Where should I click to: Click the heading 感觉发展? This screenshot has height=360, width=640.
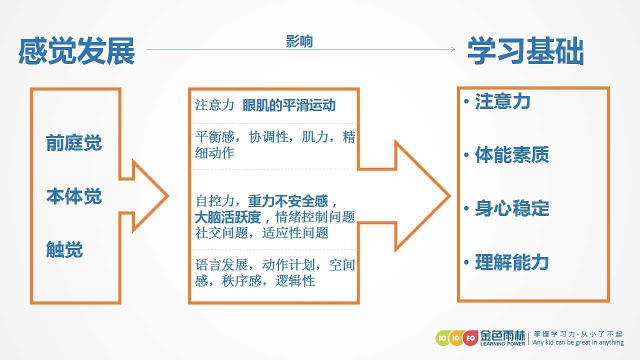76,51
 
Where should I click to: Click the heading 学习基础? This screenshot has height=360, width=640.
525,51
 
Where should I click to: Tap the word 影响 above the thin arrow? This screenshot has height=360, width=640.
299,41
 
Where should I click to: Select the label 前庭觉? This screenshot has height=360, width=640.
74,142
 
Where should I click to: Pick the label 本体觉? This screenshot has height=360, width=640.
74,196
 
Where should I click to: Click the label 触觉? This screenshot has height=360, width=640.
64,249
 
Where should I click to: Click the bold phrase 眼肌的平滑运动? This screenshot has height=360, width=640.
289,105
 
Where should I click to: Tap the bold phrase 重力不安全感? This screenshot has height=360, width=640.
288,201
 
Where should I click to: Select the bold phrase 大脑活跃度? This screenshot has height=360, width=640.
227,217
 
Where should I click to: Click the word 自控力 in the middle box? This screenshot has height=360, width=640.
215,201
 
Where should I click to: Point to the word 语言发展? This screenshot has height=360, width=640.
221,265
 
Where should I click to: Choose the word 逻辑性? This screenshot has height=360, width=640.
295,281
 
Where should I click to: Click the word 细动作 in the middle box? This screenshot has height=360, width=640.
214,153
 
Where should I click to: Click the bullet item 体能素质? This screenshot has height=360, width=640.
511,154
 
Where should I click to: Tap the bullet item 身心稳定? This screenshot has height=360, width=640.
511,208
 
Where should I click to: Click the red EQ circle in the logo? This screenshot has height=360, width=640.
470,338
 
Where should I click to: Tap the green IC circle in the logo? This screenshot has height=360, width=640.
442,338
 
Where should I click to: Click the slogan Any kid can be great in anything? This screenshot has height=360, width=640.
578,342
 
